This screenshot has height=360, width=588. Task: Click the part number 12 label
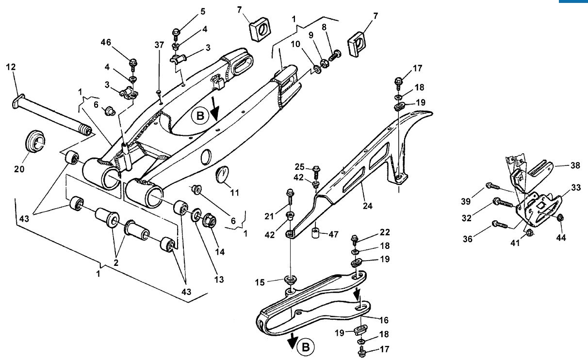click(11, 67)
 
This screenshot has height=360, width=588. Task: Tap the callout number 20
click(19, 169)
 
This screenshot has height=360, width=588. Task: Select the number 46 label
click(106, 42)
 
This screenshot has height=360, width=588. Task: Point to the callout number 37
click(159, 45)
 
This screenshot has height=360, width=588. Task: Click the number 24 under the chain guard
click(368, 206)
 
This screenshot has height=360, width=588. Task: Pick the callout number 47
click(333, 234)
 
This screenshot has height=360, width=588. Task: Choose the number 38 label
click(575, 165)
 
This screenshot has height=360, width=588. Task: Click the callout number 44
click(561, 238)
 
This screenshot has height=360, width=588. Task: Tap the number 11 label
click(235, 193)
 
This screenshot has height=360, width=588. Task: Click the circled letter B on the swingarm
click(200, 116)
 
